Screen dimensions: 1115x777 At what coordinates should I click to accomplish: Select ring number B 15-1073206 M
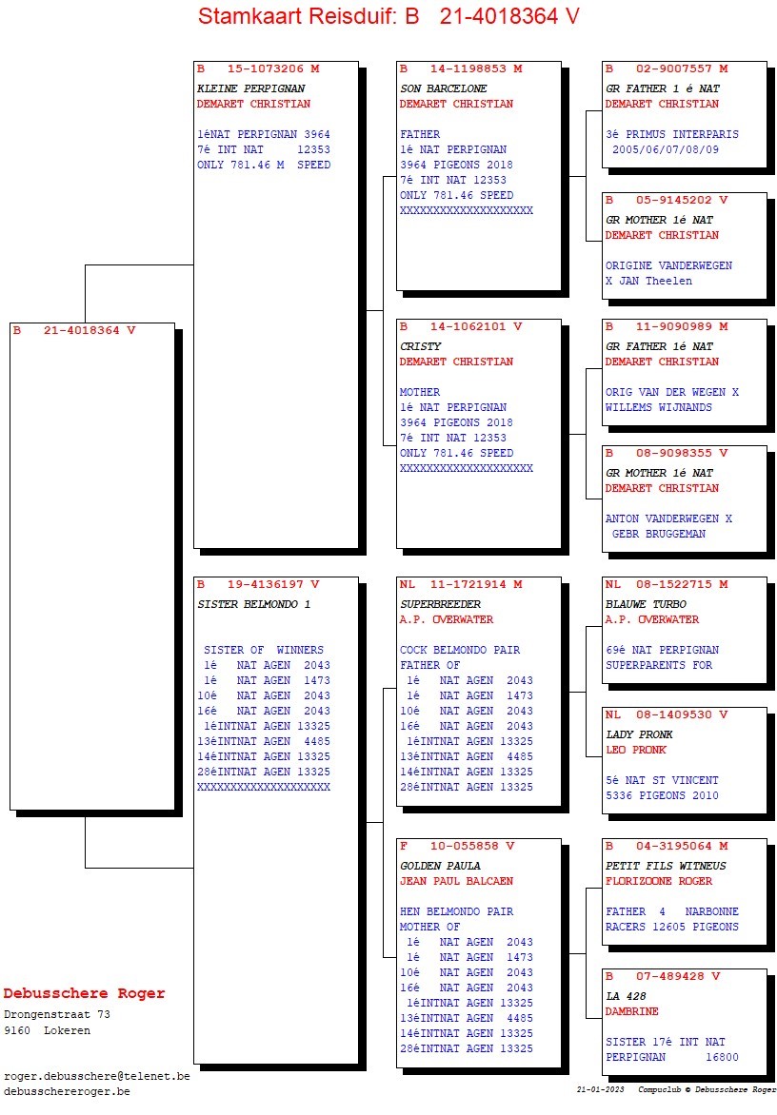[258, 68]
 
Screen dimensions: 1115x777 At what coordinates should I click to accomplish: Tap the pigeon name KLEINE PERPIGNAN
[250, 88]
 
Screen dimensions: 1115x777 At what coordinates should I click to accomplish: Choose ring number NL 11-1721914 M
[461, 583]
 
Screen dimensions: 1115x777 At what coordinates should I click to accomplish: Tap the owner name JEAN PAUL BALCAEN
[456, 881]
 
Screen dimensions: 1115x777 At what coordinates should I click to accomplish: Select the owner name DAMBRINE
[631, 1011]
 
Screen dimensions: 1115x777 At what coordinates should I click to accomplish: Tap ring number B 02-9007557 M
[667, 68]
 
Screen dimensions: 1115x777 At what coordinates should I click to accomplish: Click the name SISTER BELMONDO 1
[253, 604]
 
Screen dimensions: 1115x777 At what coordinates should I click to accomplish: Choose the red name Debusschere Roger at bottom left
[84, 994]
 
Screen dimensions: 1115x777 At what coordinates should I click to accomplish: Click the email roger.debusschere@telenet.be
[96, 1076]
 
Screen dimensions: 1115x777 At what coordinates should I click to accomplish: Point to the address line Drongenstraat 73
[57, 1015]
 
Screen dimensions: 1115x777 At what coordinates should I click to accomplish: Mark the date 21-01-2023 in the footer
[601, 1089]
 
